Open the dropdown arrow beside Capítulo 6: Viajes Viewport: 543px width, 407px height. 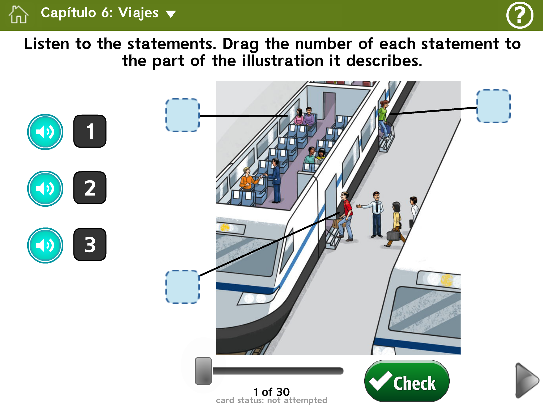pyautogui.click(x=171, y=14)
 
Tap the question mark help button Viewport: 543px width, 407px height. pyautogui.click(x=520, y=15)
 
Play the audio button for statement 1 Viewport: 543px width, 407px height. pyautogui.click(x=45, y=132)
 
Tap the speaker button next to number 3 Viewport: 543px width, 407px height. pyautogui.click(x=45, y=245)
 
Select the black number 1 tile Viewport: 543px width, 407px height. pyautogui.click(x=90, y=131)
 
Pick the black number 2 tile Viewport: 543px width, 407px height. pyautogui.click(x=90, y=188)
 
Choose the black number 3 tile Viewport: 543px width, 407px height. pyautogui.click(x=90, y=245)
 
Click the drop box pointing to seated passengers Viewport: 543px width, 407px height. pyautogui.click(x=182, y=115)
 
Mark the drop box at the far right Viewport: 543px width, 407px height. pyautogui.click(x=493, y=106)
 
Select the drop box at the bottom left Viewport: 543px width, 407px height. pyautogui.click(x=182, y=287)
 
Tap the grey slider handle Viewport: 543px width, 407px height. pyautogui.click(x=203, y=371)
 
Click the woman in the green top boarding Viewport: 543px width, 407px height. pyautogui.click(x=384, y=120)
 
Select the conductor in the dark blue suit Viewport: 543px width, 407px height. pyautogui.click(x=275, y=180)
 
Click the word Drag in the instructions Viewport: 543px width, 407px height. pyautogui.click(x=240, y=44)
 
